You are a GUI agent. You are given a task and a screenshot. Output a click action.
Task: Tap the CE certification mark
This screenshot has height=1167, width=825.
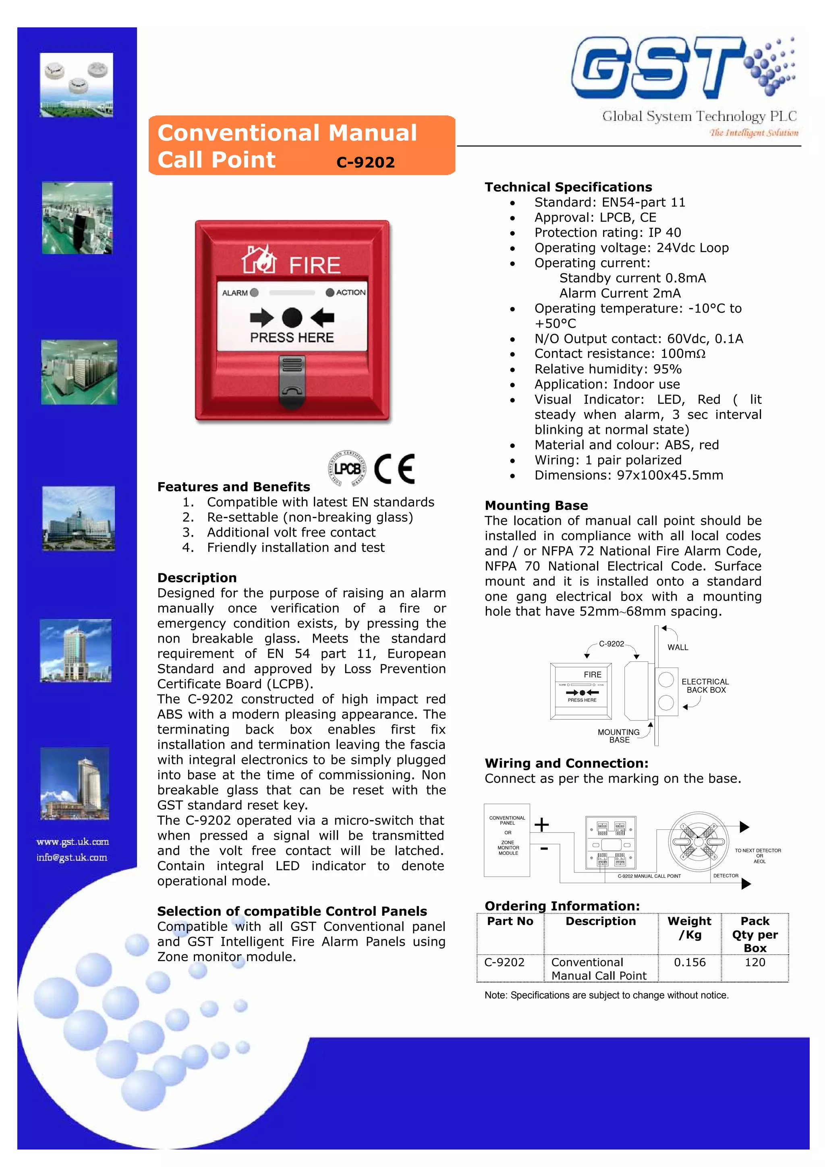click(x=394, y=468)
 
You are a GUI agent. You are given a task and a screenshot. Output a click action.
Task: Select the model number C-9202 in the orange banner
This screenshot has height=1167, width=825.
click(x=365, y=162)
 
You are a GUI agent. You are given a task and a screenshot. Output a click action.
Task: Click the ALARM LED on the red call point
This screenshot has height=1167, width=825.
click(x=254, y=292)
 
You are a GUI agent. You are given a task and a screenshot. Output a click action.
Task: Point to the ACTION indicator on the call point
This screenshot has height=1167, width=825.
click(x=330, y=292)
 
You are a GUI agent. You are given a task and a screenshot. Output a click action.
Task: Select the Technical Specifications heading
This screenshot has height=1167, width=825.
click(x=568, y=187)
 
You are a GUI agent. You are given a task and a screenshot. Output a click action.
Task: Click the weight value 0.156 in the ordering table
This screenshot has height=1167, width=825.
click(x=689, y=962)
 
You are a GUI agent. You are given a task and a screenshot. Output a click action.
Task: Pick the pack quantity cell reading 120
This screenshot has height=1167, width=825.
click(x=755, y=962)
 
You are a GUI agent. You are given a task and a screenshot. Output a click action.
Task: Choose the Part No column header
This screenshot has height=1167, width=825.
click(x=510, y=921)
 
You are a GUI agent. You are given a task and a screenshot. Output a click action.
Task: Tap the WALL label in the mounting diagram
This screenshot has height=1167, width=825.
click(x=678, y=647)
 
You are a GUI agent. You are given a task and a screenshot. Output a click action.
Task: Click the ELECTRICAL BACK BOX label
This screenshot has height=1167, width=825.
click(x=705, y=686)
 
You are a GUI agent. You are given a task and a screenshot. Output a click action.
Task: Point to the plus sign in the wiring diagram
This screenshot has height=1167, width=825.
click(x=541, y=824)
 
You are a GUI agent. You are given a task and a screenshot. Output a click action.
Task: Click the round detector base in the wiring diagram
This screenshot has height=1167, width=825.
click(x=698, y=842)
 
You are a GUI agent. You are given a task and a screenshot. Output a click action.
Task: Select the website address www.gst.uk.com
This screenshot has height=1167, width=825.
click(x=73, y=842)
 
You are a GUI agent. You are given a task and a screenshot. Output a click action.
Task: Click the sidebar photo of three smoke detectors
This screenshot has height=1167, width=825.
click(x=77, y=85)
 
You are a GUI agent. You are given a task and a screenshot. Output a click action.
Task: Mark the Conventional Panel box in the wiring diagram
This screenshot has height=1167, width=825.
click(x=507, y=839)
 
